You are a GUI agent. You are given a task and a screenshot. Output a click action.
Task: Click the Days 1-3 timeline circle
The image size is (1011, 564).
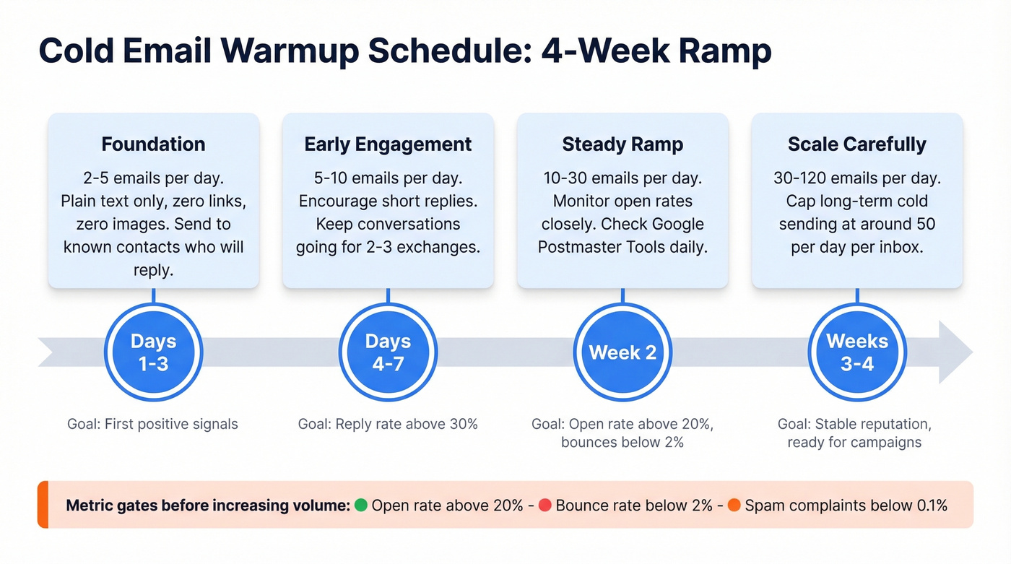[x=153, y=352]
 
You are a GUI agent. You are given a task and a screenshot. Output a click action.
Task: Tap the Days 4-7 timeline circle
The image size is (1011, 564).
[x=388, y=352]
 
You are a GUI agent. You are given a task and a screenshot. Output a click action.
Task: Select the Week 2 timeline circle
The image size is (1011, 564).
[x=622, y=352]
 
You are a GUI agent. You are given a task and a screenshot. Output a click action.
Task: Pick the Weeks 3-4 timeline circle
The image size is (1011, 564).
[x=857, y=352]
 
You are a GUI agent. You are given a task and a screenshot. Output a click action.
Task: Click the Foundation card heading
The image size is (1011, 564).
[x=153, y=144]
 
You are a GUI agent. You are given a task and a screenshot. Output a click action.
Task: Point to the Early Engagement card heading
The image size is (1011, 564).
[x=388, y=144]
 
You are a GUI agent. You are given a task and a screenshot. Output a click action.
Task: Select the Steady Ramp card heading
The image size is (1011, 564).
[x=622, y=144]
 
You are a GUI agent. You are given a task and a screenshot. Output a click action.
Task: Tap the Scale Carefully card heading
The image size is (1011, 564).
[x=857, y=144]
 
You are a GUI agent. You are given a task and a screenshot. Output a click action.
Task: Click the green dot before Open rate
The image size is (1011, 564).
[x=361, y=506]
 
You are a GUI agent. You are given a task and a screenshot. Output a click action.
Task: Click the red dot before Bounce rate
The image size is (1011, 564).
[x=545, y=506]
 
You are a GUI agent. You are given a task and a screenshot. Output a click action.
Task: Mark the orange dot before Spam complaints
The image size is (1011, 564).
[x=734, y=506]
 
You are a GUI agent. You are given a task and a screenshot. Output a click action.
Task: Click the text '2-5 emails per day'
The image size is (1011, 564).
[x=153, y=178]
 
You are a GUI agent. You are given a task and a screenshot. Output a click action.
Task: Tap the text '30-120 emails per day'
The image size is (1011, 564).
[x=857, y=178]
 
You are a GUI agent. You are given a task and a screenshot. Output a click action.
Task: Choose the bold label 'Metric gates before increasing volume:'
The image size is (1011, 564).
[x=208, y=506]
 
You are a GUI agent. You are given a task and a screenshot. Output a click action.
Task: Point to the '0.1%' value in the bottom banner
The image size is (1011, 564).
[x=932, y=506]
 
